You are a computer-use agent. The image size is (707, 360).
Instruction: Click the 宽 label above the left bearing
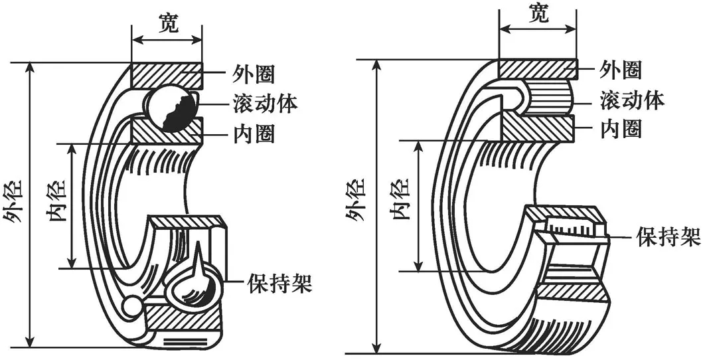click(167, 23)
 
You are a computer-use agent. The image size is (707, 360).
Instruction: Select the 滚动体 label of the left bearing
click(265, 103)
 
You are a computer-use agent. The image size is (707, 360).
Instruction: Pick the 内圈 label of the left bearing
click(254, 134)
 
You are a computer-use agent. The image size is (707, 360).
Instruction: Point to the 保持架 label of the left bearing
click(279, 284)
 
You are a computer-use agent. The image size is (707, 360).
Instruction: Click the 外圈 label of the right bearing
click(621, 68)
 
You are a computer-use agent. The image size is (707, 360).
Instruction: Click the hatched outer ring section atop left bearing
click(166, 74)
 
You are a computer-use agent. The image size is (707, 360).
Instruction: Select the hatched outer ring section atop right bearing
click(536, 69)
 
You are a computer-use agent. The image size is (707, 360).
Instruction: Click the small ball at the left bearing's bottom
click(131, 306)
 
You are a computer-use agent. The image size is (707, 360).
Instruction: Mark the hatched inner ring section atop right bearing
click(536, 127)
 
